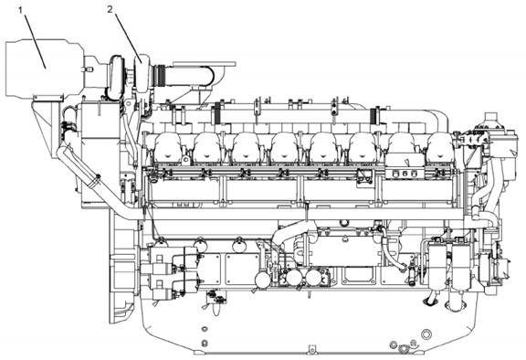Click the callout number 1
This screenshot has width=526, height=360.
pos(21,10)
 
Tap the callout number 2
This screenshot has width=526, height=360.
pos(110,9)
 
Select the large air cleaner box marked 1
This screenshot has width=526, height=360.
pos(44,69)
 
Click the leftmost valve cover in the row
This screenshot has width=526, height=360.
pos(168,148)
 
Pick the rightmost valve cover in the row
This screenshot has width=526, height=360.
pos(440,148)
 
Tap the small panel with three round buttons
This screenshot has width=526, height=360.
pos(405,173)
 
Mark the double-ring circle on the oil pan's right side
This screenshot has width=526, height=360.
pos(426,334)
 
